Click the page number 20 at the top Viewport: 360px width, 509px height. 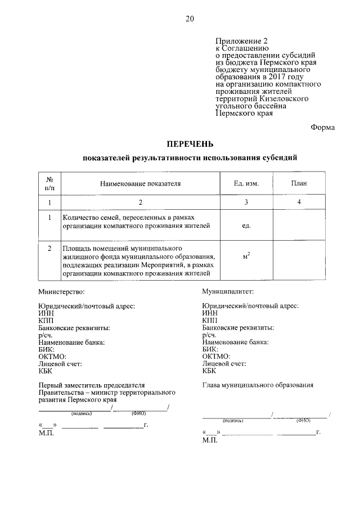click(190, 19)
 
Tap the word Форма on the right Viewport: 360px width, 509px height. click(322, 127)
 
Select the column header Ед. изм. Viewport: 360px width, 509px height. click(246, 183)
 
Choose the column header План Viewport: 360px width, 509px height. click(299, 183)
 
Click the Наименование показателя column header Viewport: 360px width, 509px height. click(141, 183)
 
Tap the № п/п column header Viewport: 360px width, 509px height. click(49, 183)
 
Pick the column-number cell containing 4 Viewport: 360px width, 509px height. click(299, 201)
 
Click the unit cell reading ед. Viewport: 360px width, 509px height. click(246, 226)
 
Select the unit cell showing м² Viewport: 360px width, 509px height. click(246, 257)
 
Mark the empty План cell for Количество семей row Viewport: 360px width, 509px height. click(299, 226)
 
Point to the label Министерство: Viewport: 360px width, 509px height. click(61, 292)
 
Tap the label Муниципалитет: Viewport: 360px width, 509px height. click(228, 292)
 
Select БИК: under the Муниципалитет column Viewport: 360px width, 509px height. click(210, 349)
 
